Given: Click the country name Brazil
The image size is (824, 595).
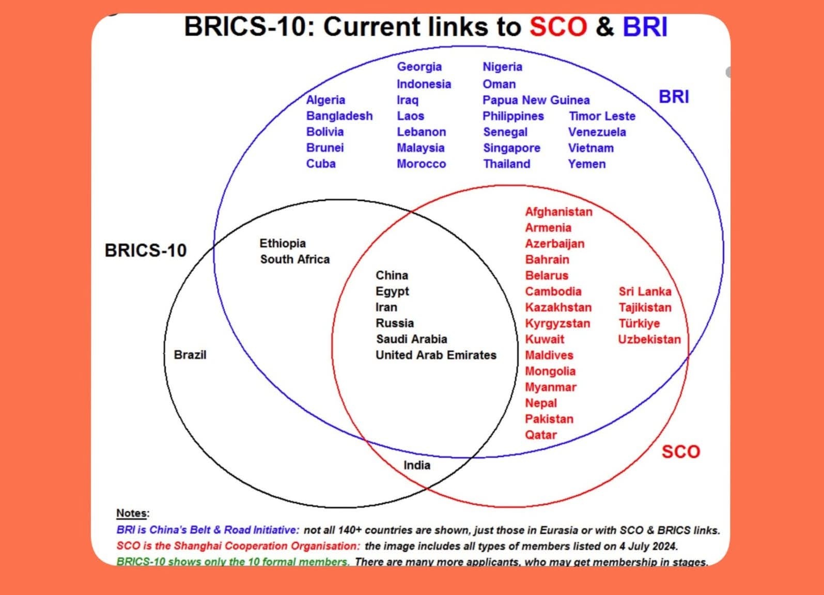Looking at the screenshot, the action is point(190,355).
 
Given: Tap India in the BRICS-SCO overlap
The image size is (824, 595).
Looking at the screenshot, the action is point(417,465).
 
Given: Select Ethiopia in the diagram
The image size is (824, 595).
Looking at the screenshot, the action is point(283,243).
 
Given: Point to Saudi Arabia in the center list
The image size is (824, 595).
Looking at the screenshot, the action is point(412,339).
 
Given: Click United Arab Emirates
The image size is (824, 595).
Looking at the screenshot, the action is point(436,355).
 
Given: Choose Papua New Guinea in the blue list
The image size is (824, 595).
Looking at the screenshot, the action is point(536,100).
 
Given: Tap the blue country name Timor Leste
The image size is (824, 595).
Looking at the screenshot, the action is point(602,116).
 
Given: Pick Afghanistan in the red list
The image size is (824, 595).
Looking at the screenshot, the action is point(559,212).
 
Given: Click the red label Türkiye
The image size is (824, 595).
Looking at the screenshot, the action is point(639,324).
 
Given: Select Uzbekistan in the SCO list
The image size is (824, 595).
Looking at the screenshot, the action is point(649,339).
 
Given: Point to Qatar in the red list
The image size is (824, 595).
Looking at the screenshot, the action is point(541,435).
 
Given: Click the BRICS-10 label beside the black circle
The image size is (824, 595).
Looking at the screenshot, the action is point(146,250).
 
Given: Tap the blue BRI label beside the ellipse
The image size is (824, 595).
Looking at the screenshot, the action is point(674,97).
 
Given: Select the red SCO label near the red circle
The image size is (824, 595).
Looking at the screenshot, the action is point(680,451).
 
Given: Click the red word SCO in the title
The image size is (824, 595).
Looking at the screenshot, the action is point(558,26).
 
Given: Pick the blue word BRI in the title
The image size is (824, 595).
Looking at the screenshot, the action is point(645,26).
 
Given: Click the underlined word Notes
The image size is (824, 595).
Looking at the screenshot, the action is point(132,513).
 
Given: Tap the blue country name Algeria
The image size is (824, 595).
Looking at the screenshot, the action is point(325,100).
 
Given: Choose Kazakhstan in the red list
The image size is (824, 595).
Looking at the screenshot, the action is point(558,307).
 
